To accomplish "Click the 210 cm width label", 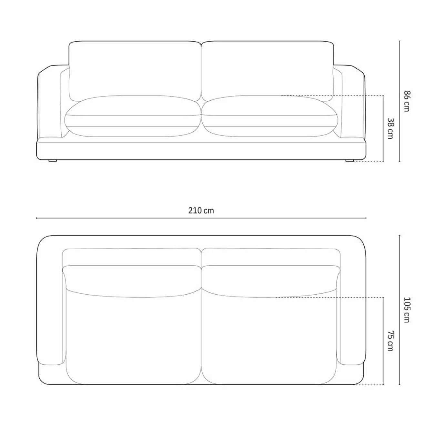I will [201, 211].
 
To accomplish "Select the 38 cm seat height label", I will [390, 128].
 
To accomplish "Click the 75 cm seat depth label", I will [390, 341].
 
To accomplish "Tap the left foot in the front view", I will [53, 160].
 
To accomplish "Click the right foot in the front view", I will [350, 160].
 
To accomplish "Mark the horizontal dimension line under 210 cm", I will [201, 218].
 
